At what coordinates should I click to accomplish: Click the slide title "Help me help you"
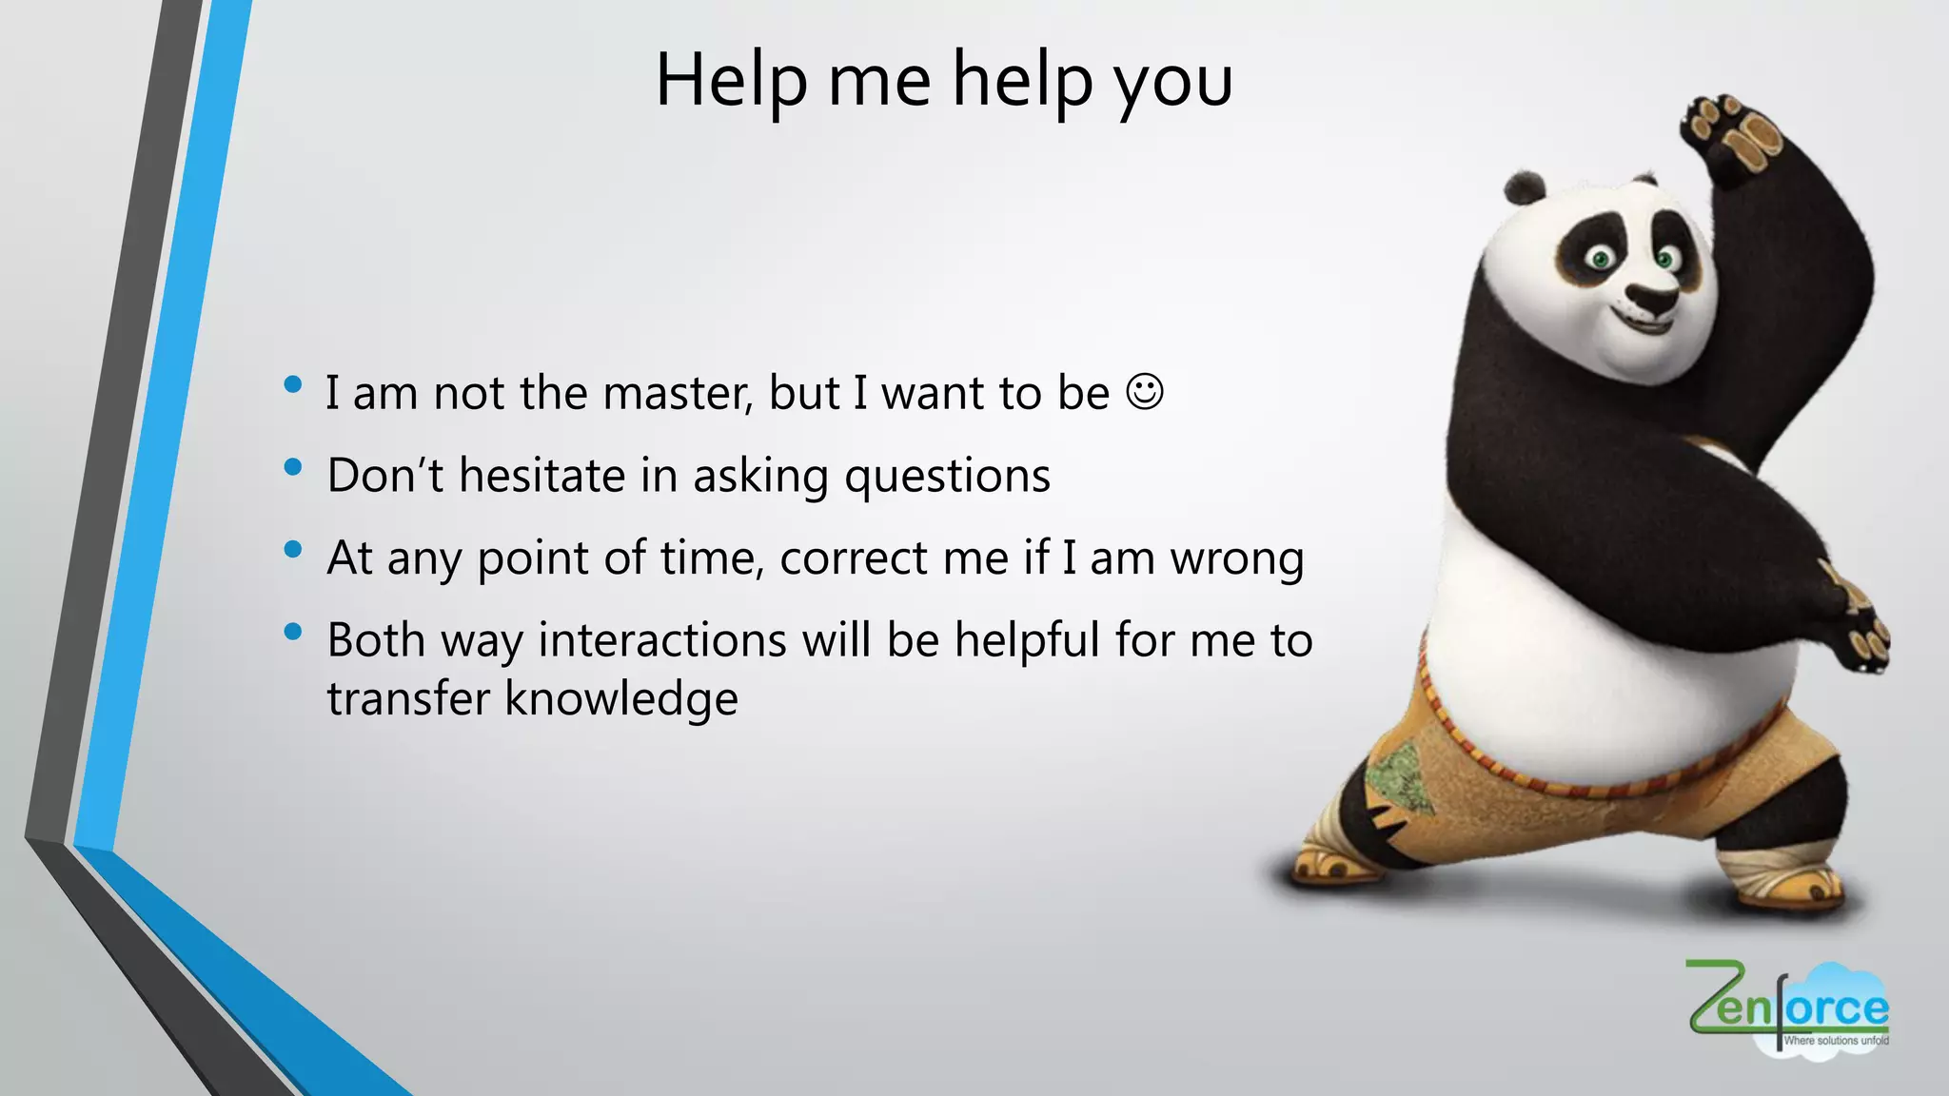click(x=944, y=80)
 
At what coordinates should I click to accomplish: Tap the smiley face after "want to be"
click(x=1144, y=392)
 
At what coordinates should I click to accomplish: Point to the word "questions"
click(x=947, y=477)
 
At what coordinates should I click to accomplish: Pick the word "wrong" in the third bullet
click(x=1236, y=559)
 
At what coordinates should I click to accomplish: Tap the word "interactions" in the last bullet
click(x=662, y=639)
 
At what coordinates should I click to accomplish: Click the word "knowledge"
click(x=621, y=699)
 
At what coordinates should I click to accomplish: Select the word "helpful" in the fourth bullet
click(x=1027, y=640)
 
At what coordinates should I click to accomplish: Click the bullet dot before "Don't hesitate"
click(x=293, y=467)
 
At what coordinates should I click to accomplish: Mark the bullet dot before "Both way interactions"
click(x=293, y=632)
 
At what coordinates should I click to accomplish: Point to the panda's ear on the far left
click(x=1525, y=187)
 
